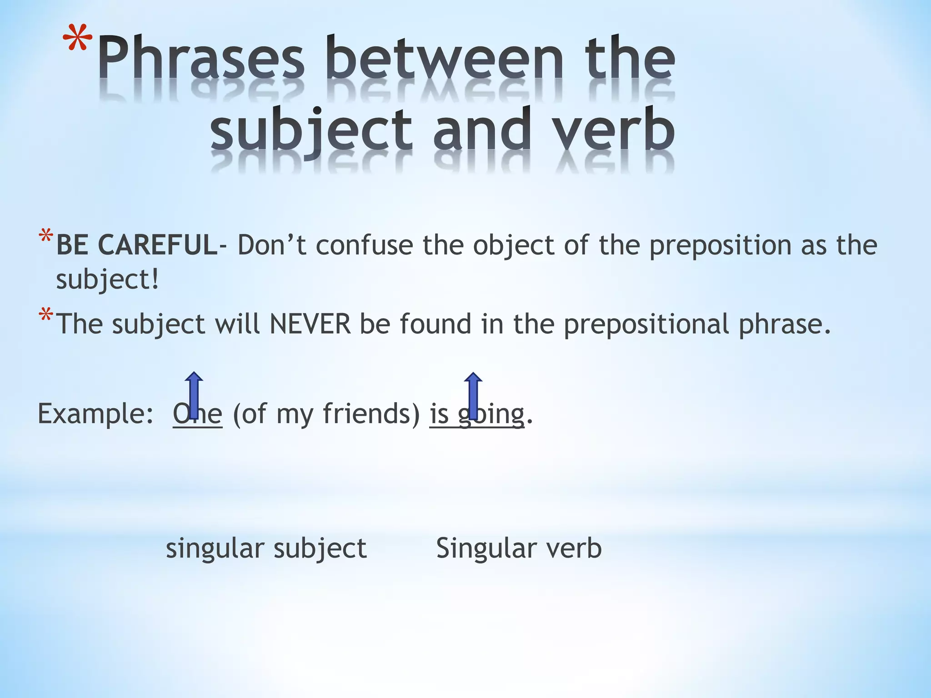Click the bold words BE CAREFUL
point(137,245)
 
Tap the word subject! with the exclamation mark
point(108,279)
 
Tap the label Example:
point(95,414)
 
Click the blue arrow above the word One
point(194,394)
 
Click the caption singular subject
point(266,548)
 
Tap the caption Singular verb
point(519,548)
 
